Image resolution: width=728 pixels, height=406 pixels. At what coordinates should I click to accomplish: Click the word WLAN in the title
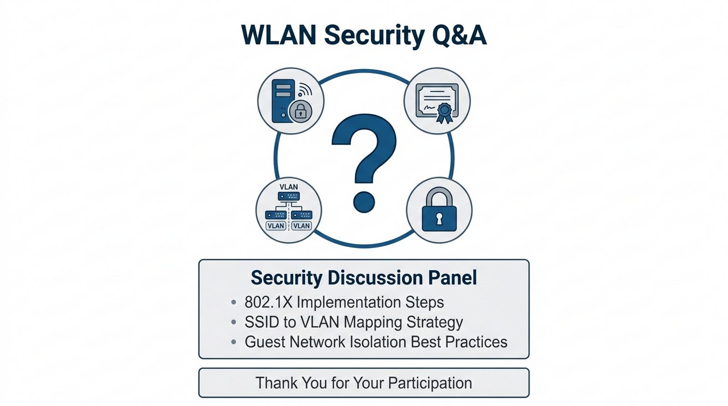(x=279, y=35)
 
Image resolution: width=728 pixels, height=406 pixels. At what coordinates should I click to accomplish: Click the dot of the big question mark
(x=364, y=202)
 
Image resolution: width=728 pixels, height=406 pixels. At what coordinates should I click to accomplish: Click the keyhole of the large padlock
(x=439, y=219)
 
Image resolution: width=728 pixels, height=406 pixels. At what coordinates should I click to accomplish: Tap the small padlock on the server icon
(x=300, y=111)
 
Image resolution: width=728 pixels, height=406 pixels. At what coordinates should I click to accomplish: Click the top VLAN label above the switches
(x=288, y=187)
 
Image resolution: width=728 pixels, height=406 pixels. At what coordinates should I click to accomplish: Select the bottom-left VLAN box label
(x=276, y=226)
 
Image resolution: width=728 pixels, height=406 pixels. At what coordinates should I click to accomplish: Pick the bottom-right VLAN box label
(x=301, y=226)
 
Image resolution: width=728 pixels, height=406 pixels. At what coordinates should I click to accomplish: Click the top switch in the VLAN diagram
(x=288, y=196)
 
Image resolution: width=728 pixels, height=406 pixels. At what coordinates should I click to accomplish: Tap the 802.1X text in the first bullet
(x=268, y=302)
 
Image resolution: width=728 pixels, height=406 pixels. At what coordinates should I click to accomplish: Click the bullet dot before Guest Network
(x=233, y=342)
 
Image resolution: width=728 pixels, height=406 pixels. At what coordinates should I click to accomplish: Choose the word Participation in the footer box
(x=430, y=383)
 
